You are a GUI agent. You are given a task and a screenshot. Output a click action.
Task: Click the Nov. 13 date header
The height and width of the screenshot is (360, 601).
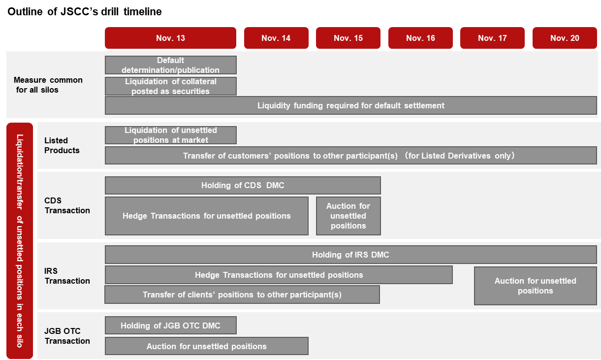170,38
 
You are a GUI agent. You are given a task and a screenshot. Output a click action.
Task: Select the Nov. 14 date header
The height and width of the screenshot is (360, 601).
276,38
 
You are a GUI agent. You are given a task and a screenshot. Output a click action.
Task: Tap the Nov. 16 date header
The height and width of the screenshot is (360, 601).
420,38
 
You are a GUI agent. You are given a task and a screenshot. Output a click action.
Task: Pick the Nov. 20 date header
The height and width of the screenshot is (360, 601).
565,38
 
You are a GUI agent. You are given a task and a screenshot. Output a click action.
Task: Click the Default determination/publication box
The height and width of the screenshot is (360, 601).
171,65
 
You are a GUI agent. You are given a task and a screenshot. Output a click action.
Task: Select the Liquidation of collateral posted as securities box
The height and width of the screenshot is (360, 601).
171,86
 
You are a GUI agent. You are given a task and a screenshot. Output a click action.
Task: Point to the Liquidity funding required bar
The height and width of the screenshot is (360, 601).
351,105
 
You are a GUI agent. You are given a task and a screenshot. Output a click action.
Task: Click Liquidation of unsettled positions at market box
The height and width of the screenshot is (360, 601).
171,135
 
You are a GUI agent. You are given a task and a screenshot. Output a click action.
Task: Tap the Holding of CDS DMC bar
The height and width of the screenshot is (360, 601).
243,185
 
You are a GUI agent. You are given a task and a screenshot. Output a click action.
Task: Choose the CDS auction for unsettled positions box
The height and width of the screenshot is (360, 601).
348,216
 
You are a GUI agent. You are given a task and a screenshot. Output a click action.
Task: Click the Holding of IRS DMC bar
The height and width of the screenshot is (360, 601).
351,255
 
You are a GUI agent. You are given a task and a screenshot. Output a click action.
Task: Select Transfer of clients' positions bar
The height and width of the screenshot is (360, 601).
242,295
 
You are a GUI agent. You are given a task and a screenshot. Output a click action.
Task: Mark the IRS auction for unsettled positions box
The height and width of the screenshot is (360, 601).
536,286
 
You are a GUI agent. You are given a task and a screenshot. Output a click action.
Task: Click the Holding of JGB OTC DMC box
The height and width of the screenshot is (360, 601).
171,326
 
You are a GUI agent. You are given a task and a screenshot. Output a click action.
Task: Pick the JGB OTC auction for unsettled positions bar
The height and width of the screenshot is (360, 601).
207,346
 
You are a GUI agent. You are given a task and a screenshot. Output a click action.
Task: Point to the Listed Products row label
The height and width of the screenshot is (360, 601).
62,145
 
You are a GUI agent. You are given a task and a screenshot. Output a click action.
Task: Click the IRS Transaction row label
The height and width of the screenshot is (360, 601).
67,276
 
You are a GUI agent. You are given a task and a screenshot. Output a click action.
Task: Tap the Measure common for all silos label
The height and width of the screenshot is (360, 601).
48,85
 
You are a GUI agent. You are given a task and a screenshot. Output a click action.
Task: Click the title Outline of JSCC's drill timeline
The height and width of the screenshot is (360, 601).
85,12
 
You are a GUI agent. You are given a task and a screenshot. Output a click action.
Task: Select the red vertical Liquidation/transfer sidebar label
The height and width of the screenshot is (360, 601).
20,241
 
